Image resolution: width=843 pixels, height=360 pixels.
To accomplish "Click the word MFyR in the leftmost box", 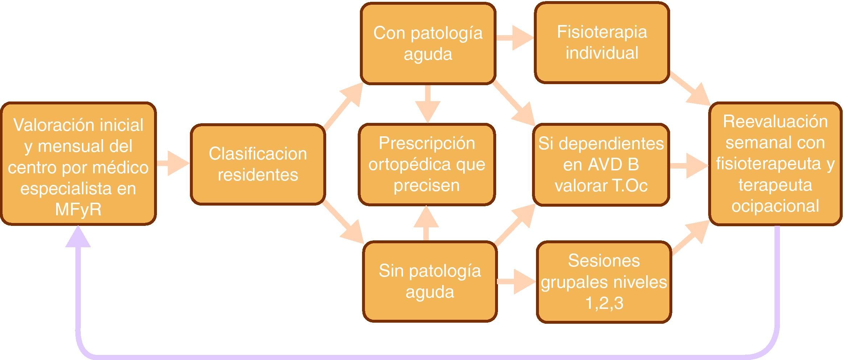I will [x=78, y=210].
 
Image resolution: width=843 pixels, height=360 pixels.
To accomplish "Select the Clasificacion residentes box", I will [x=258, y=164].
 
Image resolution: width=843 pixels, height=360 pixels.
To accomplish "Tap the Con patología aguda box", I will [x=428, y=44].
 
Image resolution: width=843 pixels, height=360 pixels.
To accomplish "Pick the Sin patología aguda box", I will [x=430, y=281].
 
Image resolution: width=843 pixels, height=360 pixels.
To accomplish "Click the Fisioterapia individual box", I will [x=602, y=42].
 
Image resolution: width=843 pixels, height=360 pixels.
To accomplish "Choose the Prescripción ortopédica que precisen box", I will [x=427, y=164].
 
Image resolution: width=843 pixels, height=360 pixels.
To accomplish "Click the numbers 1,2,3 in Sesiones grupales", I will [x=604, y=303].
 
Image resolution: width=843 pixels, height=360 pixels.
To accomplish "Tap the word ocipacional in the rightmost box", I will [x=775, y=206].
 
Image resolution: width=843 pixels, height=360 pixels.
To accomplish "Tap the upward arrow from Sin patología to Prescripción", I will [x=426, y=223].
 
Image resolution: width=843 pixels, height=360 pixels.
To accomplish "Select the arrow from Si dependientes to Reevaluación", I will [x=689, y=166].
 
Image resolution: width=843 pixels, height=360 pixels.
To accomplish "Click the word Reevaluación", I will [x=775, y=121].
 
